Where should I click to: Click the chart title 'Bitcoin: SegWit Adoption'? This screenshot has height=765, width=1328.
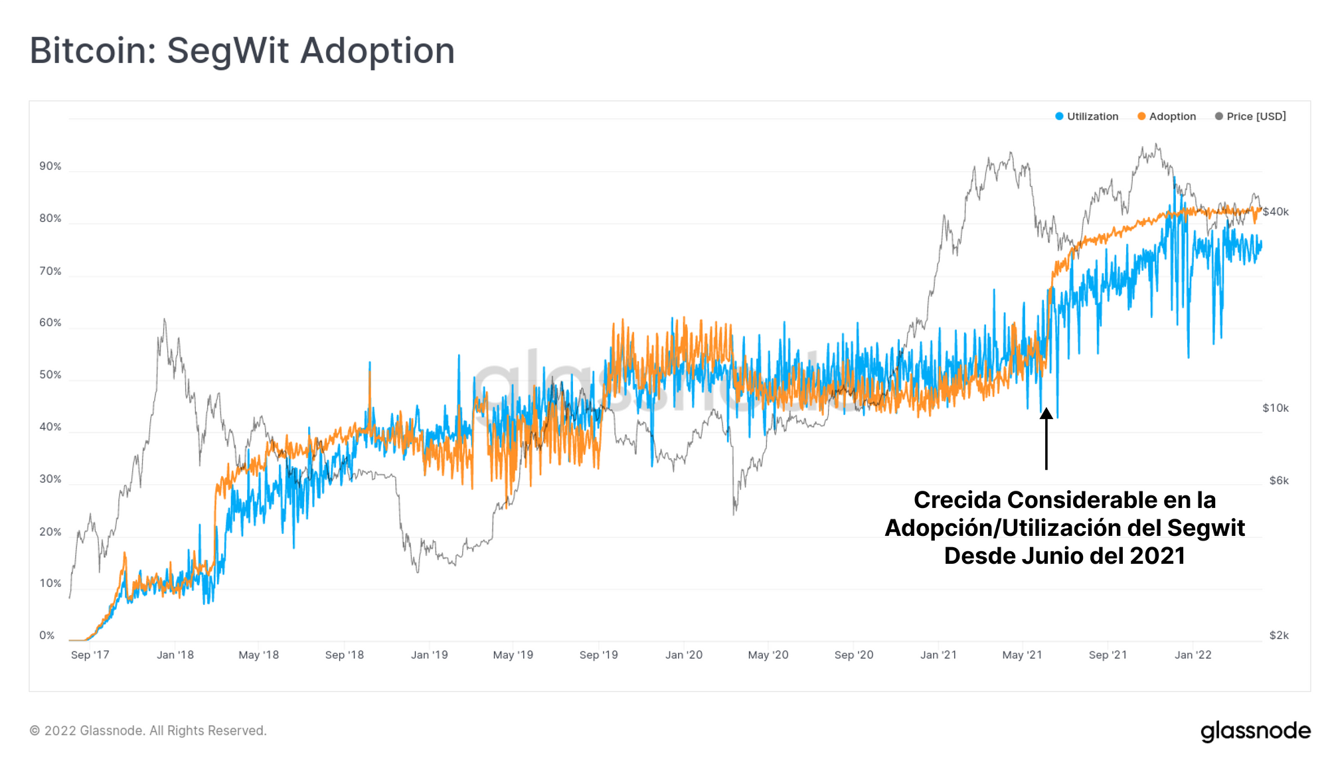click(x=242, y=51)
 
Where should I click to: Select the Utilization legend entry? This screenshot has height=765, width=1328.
click(x=1087, y=116)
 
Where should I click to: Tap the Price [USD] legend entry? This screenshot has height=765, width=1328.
click(x=1250, y=116)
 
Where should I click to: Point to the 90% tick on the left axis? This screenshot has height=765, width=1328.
click(x=50, y=166)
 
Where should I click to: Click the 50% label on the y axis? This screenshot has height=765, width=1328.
click(x=50, y=375)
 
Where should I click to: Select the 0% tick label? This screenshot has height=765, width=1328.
click(x=47, y=636)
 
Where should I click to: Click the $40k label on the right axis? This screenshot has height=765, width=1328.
click(x=1276, y=212)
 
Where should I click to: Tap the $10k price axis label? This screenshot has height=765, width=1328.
click(x=1276, y=408)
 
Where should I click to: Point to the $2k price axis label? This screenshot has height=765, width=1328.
click(x=1279, y=636)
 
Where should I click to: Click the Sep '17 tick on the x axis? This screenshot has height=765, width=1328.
click(x=90, y=655)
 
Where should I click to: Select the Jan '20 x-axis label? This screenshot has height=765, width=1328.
click(x=684, y=655)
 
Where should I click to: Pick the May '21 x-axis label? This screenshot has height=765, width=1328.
click(x=1022, y=655)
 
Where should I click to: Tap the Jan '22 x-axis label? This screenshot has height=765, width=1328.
click(x=1193, y=655)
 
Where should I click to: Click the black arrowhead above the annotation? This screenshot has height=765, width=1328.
click(x=1046, y=414)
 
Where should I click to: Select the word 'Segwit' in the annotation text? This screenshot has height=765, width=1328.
click(x=1206, y=528)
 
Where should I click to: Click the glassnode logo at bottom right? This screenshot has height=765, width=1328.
click(x=1256, y=731)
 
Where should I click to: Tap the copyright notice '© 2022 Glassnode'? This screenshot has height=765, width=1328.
click(x=148, y=730)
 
